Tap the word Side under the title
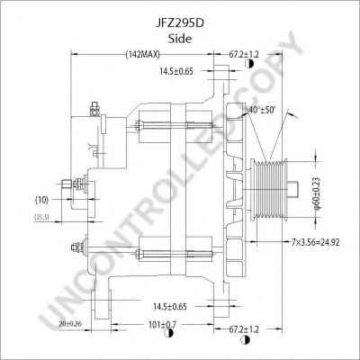(x=180, y=29)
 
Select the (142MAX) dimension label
(x=145, y=56)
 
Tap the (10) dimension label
(x=41, y=199)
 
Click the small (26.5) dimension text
(x=40, y=216)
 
